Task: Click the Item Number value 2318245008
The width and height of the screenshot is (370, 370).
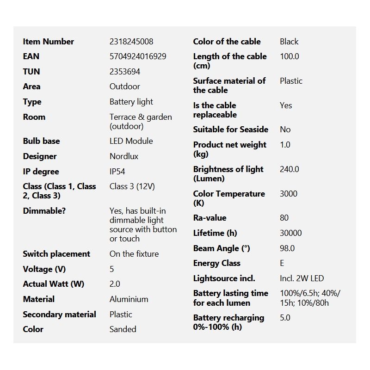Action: click(131, 42)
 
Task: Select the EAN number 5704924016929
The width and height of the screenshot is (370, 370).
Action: click(138, 56)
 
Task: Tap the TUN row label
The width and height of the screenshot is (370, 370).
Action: click(31, 72)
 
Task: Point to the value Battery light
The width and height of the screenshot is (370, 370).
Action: click(131, 102)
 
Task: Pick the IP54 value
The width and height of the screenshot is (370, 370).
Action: click(117, 172)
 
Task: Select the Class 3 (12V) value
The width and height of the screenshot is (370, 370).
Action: click(132, 187)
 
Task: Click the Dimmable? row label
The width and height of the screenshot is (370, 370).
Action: click(44, 211)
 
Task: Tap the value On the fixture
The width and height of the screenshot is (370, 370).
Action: click(134, 254)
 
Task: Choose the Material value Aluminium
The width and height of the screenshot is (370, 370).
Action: click(129, 299)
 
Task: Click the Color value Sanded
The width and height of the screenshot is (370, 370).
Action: click(123, 329)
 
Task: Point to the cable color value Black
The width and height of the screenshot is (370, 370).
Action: click(289, 42)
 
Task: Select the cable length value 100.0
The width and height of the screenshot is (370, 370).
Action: click(290, 56)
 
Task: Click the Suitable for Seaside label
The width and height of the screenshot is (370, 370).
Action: click(231, 129)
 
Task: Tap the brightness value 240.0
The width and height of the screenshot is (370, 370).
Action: click(290, 169)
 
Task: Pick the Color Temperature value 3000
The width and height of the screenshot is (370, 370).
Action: click(289, 194)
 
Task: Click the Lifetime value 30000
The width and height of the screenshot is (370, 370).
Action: click(291, 233)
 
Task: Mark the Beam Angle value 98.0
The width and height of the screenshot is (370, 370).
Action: click(287, 248)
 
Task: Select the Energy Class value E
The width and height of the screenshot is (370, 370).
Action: click(282, 263)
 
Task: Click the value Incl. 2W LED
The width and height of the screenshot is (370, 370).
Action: click(302, 278)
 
